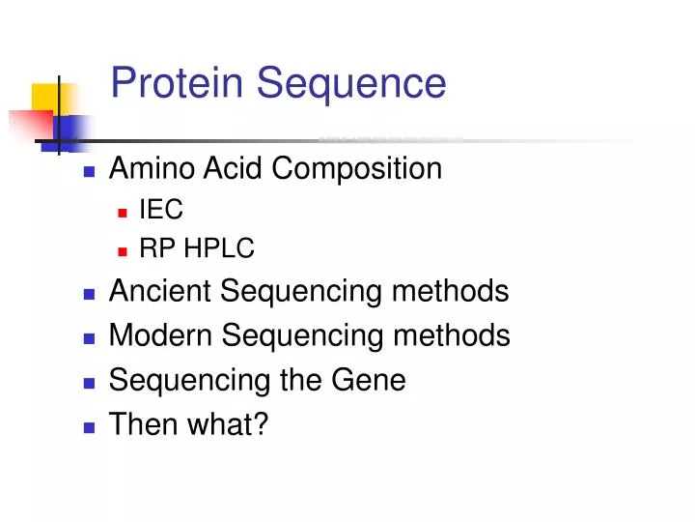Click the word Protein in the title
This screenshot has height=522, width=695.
tap(179, 83)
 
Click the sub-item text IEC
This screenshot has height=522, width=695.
tap(161, 210)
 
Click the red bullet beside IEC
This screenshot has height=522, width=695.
tap(123, 211)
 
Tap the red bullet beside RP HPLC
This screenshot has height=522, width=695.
tap(123, 250)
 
